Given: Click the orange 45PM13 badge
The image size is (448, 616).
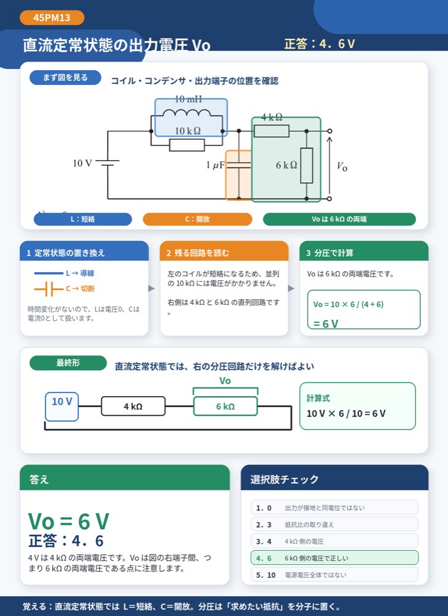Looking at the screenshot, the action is pos(52,18).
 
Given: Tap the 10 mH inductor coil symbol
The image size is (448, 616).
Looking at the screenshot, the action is pos(187,113).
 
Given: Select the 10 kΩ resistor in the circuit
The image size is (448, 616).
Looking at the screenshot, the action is pos(187,145).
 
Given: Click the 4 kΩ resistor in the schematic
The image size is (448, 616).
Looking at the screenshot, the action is pos(272,131).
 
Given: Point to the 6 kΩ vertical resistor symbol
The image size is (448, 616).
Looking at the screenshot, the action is pos(306,165).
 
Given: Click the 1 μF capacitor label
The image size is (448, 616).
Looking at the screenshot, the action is pos(215,165).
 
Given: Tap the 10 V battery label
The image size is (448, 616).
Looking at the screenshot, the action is pos(83,163).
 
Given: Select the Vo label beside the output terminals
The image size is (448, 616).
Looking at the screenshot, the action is pos(342,166).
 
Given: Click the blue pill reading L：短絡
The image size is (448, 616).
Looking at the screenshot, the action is pos(83,219).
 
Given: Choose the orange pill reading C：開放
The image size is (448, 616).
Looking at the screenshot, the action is pos(197,219).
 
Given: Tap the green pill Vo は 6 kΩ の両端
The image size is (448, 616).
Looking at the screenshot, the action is pos(339,219).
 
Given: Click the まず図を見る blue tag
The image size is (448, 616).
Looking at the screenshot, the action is pos(65,78).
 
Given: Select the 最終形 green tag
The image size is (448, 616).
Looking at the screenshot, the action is pos(68,363).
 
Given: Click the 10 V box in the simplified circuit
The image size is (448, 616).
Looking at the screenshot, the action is pos(62,407).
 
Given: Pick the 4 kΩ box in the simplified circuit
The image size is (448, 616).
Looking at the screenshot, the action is pos(133,406).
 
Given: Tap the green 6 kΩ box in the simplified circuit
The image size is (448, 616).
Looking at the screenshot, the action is pos(225,406).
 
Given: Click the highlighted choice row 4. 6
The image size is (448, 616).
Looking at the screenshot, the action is pos(335,558).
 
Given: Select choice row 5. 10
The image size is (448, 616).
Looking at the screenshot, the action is pos(335,575).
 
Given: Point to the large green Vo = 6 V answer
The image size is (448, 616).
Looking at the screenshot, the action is pos(68,521).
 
